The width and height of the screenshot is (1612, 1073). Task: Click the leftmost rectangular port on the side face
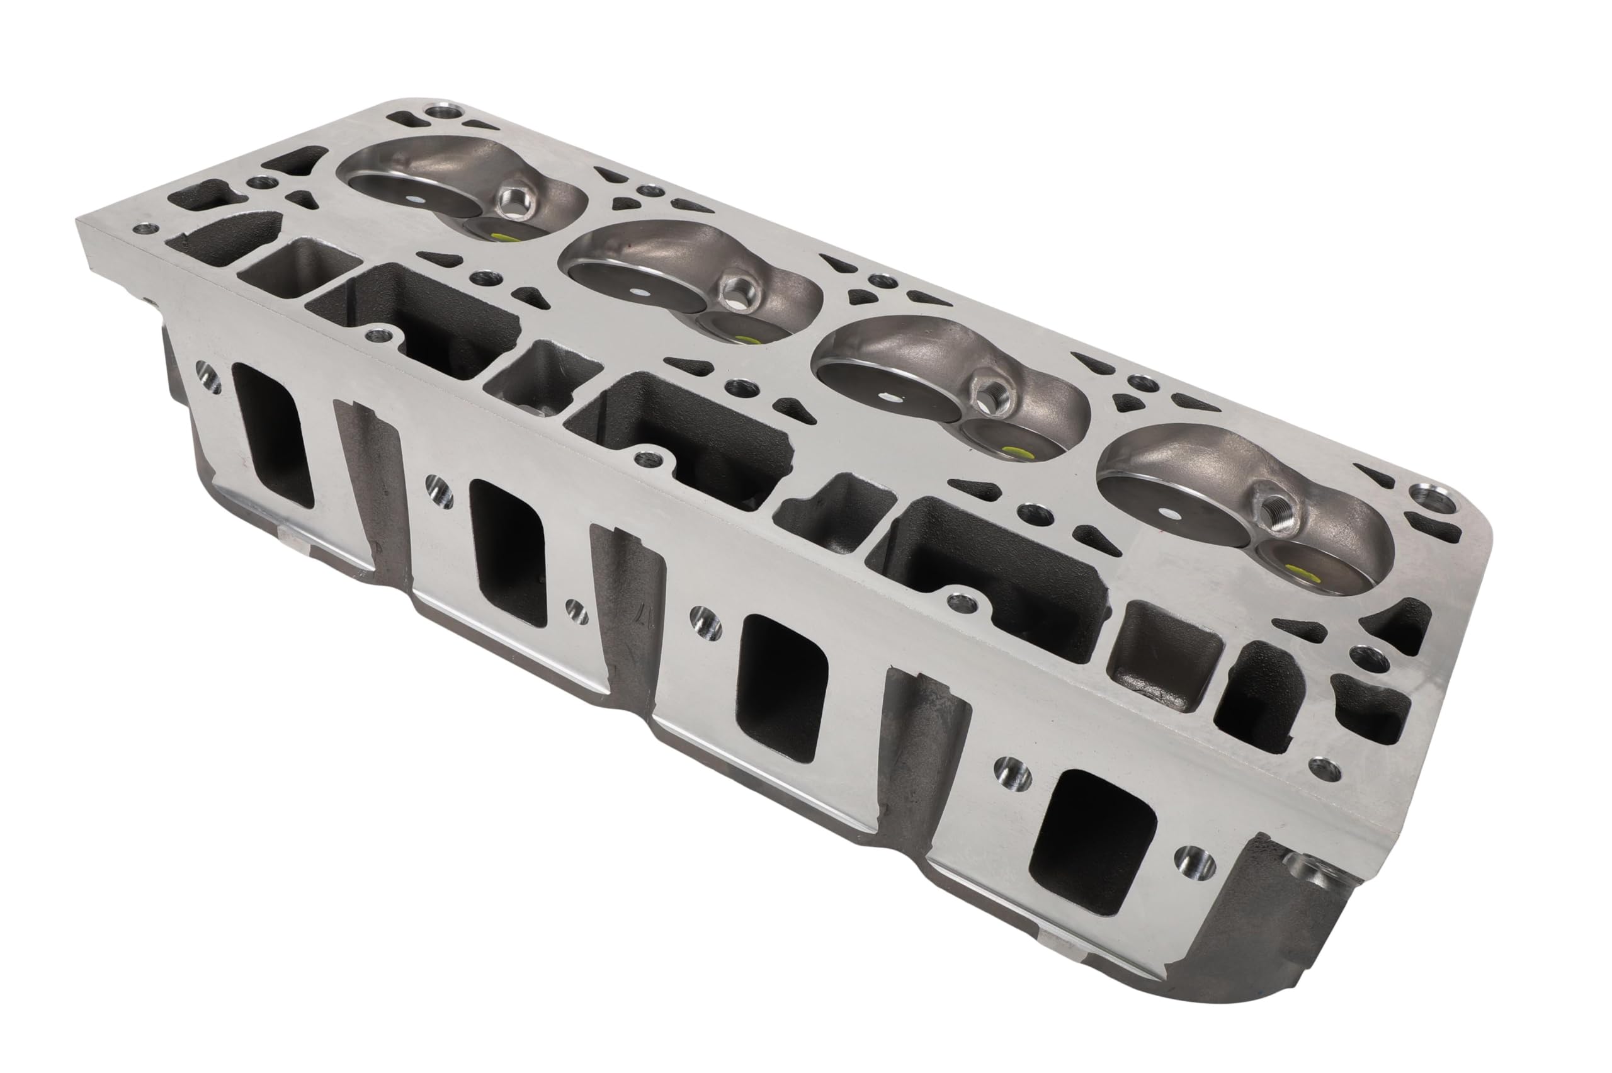273,435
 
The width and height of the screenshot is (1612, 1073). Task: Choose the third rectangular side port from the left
782,688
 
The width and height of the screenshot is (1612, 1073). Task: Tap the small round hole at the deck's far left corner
142,229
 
